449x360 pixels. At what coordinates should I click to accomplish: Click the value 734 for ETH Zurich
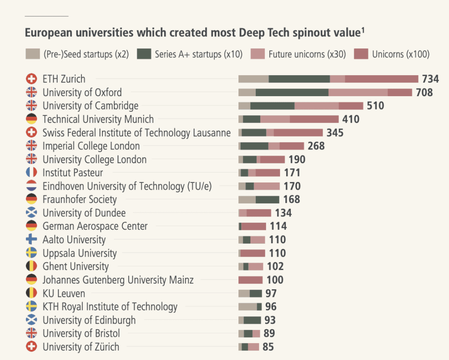click(x=430, y=79)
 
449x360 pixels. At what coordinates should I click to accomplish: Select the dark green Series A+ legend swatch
click(x=144, y=55)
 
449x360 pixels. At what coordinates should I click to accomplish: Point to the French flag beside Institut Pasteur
click(x=31, y=173)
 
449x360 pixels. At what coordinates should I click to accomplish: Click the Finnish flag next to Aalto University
click(x=31, y=240)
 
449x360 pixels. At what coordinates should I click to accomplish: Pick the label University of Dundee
click(x=84, y=213)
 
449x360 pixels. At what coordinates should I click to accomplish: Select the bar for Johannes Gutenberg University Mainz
click(x=250, y=280)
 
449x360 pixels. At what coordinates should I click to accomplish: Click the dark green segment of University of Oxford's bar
click(x=292, y=93)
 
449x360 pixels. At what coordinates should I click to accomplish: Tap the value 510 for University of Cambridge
click(x=375, y=106)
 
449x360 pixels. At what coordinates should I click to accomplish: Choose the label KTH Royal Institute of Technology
click(x=110, y=307)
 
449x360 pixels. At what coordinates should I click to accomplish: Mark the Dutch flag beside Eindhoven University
click(x=31, y=186)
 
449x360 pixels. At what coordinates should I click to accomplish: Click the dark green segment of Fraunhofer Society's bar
click(x=267, y=199)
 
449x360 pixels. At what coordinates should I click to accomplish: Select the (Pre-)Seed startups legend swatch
click(x=33, y=55)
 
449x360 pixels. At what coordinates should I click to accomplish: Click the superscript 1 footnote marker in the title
click(x=363, y=30)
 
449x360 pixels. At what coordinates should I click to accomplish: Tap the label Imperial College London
click(x=91, y=146)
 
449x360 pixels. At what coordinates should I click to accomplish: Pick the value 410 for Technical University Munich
click(x=351, y=119)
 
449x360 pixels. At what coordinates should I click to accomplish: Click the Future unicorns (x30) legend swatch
click(x=258, y=55)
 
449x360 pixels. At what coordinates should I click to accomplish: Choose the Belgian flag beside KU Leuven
click(x=31, y=293)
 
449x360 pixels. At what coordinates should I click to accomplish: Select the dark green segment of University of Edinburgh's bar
click(x=252, y=320)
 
